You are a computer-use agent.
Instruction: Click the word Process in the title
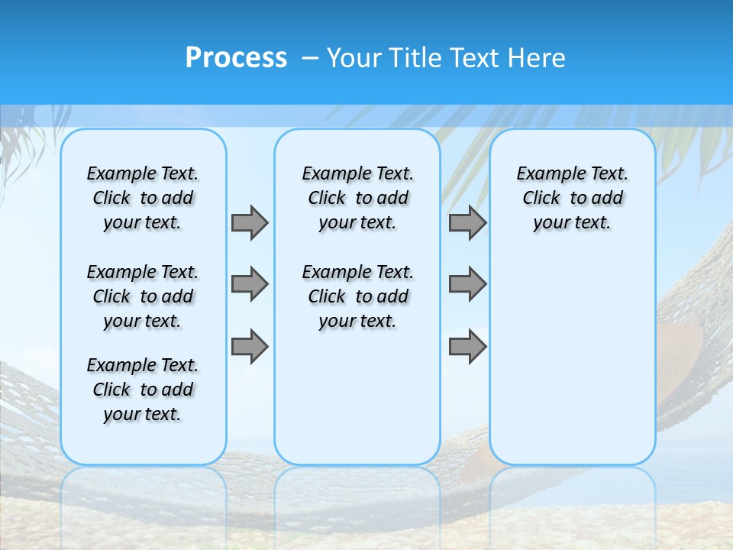236,58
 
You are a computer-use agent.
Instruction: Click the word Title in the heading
416,58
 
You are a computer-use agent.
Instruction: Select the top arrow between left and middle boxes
250,222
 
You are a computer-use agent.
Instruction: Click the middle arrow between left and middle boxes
250,284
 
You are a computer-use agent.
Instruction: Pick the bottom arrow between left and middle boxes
250,346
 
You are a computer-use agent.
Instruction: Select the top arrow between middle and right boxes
467,222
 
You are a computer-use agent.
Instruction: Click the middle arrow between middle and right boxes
467,284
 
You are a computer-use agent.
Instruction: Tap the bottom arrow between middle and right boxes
467,346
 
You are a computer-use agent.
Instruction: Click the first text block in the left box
143,198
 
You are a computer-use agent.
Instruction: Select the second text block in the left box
143,296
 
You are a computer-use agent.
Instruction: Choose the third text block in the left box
143,390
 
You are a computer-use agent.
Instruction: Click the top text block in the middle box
357,198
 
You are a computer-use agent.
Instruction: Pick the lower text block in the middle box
357,296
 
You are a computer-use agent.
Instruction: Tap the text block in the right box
573,198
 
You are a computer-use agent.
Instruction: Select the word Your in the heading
354,58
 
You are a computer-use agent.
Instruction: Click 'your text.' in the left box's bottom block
142,414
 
